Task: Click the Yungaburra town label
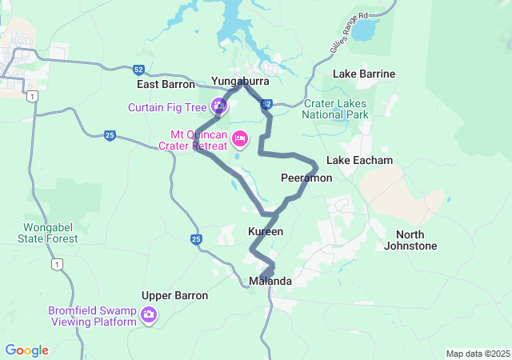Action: coord(240,82)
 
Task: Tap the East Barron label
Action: coord(166,84)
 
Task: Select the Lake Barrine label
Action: coord(364,74)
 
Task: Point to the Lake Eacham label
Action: coord(360,160)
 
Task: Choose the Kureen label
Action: coord(266,231)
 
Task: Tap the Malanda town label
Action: coord(270,282)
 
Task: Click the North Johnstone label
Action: coord(416,240)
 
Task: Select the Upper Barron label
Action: coord(174,295)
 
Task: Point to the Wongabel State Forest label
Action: coord(49,233)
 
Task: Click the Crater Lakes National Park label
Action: coord(335,109)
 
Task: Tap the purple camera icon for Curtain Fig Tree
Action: coord(218,106)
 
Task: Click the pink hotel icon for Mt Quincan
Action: coord(239,140)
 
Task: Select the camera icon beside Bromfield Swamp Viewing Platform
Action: coord(148,316)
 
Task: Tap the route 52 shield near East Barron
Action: coord(139,70)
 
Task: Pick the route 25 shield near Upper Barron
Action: coord(196,239)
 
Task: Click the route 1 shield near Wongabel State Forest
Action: coord(57,263)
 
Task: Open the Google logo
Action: coord(27,350)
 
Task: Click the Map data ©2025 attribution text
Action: coord(478,354)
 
